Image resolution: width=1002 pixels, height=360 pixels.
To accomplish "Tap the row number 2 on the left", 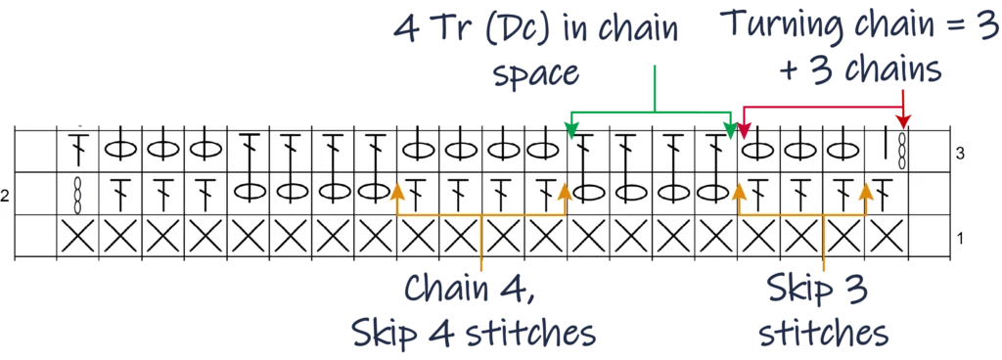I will click(x=5, y=196).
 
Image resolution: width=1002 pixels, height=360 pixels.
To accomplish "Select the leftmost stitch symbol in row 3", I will click(x=75, y=150).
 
